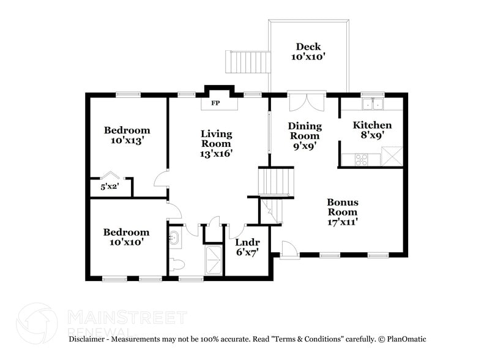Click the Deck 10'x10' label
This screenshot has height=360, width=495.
pos(308,51)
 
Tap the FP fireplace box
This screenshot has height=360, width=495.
pos(215,103)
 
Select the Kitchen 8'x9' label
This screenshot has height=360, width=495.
pos(372,130)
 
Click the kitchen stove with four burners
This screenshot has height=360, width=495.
pos(361,159)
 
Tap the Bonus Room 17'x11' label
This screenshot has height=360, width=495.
pos(343,212)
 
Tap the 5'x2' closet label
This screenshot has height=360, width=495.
pos(110,187)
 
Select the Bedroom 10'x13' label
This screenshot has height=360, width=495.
pos(127,135)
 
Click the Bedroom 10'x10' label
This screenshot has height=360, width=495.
pos(126,237)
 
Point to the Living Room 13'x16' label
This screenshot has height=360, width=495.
pos(217,144)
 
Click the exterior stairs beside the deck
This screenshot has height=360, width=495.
pos(248,61)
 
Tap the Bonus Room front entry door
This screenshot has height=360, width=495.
pos(289,249)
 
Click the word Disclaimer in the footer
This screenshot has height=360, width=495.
pos(89,339)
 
